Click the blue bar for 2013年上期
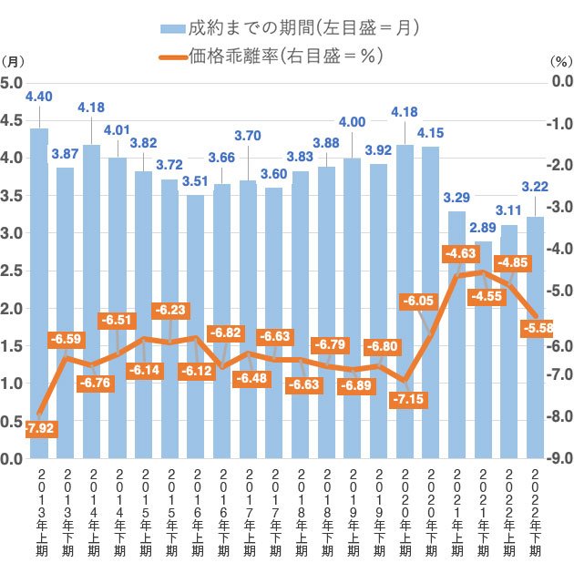point(39,293)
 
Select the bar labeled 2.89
point(483,350)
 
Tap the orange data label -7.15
point(408,399)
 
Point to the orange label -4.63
point(460,253)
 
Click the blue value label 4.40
point(39,97)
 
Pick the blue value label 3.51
point(195,181)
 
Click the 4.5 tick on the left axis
point(11,120)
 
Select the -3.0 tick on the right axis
point(559,207)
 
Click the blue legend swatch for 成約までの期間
point(173,29)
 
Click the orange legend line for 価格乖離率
point(173,57)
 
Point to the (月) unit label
point(13,61)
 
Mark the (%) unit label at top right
point(562,61)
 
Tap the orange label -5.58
point(537,328)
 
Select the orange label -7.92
point(41,428)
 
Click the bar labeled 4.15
point(430,302)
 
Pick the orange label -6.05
point(418,301)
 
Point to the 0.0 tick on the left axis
point(11,458)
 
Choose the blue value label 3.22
point(535,187)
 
